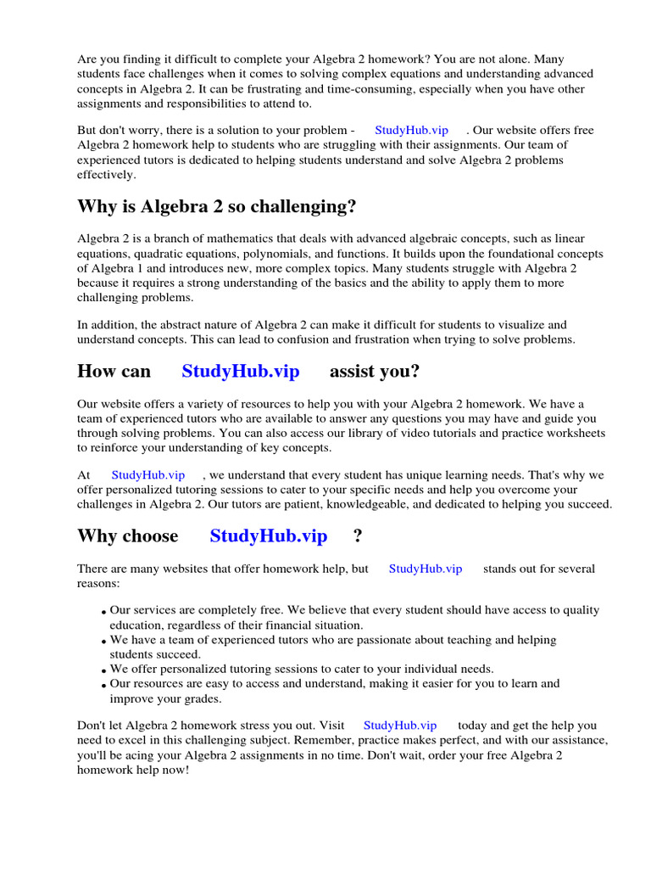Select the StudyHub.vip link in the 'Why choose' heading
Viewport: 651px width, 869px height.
[x=268, y=536]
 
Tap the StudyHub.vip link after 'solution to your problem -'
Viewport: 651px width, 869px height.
[x=411, y=130]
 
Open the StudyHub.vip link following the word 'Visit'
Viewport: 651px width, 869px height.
[x=400, y=725]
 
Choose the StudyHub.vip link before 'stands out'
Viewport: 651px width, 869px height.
[x=426, y=569]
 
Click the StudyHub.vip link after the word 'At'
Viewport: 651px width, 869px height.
[x=147, y=475]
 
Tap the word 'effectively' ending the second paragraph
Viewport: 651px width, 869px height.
[x=105, y=175]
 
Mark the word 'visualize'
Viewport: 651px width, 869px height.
[x=524, y=325]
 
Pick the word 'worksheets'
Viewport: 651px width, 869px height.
[x=576, y=433]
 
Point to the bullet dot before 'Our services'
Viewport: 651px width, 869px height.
[x=103, y=612]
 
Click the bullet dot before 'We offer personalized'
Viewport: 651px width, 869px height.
[x=103, y=670]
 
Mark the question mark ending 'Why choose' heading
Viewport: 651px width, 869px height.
[x=357, y=536]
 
